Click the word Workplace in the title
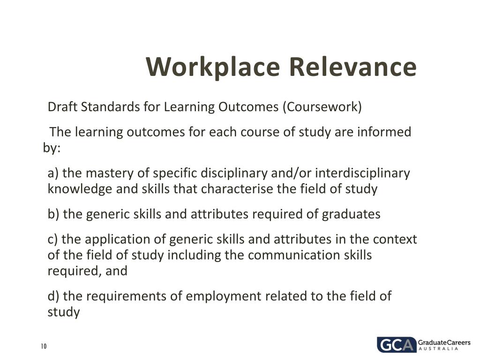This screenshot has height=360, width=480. pyautogui.click(x=212, y=67)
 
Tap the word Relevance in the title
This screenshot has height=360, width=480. pyautogui.click(x=352, y=67)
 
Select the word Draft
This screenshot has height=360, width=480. pyautogui.click(x=63, y=107)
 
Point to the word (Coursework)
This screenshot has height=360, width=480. pyautogui.click(x=322, y=107)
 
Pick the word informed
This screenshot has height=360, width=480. pyautogui.click(x=384, y=132)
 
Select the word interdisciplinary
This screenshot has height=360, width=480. pyautogui.click(x=362, y=173)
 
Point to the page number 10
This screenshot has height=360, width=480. pyautogui.click(x=44, y=346)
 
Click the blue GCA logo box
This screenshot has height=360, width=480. pyautogui.click(x=396, y=345)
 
